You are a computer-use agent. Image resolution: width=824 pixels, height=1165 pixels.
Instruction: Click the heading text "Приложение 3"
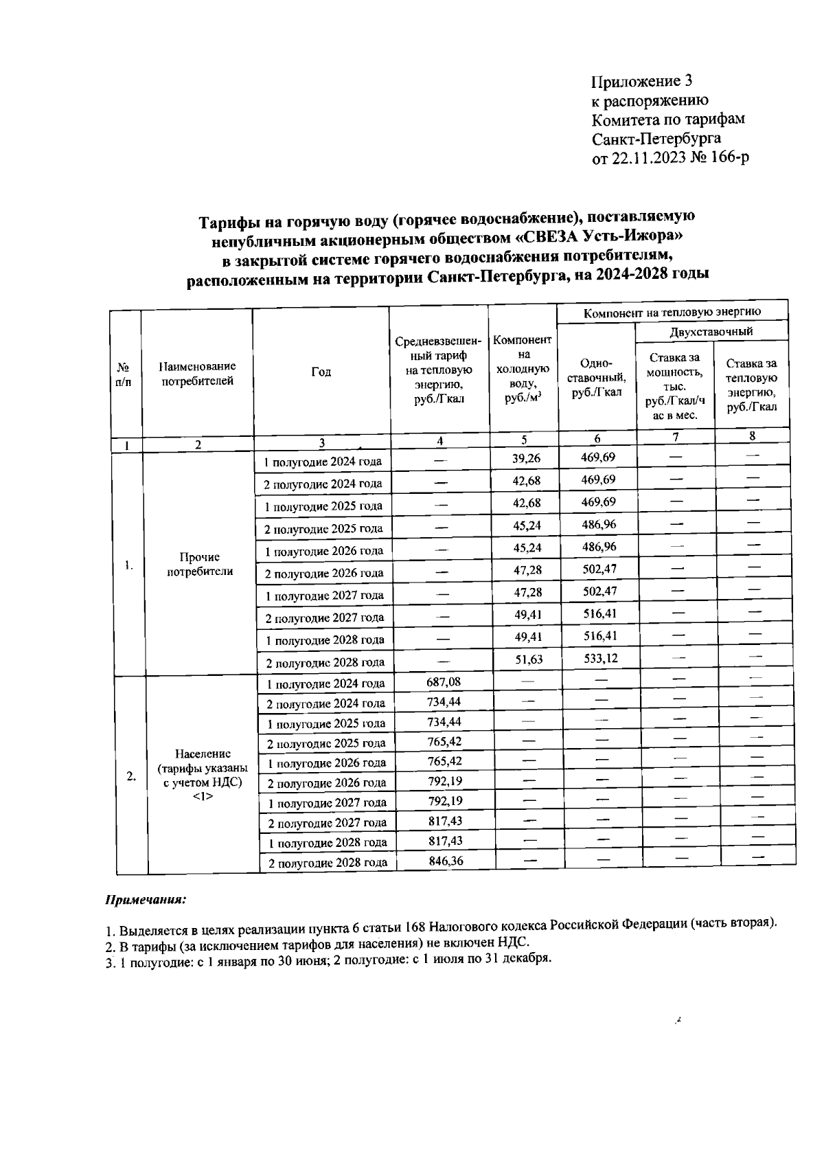(641, 81)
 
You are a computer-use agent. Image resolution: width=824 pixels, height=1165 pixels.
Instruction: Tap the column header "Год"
(321, 372)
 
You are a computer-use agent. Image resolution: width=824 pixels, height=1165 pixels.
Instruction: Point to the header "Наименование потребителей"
(197, 374)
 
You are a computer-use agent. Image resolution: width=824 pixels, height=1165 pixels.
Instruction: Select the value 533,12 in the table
(599, 658)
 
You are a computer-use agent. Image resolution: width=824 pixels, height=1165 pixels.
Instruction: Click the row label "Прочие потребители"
(199, 564)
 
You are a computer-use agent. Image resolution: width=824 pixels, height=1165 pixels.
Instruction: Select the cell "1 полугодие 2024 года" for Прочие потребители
(323, 462)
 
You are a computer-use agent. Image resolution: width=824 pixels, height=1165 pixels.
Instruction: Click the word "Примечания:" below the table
(146, 899)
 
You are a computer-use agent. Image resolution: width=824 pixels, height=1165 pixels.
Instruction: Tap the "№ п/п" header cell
(125, 374)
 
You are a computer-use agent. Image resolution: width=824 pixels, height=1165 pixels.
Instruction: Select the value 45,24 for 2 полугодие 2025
(527, 525)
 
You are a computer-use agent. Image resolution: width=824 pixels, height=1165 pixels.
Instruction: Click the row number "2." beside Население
(131, 776)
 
